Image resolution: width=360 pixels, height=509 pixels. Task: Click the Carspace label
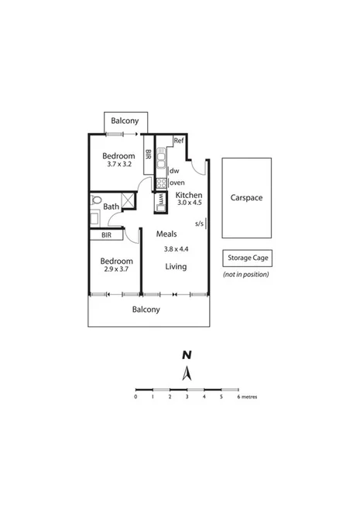tap(246, 198)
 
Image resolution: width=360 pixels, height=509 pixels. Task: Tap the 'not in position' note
tap(247, 275)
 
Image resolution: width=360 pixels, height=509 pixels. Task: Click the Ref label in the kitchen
tap(178, 141)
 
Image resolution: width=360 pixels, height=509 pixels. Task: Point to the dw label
tap(174, 171)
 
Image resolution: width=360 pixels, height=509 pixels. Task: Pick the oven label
tap(177, 183)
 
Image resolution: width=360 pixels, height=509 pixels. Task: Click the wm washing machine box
tap(160, 199)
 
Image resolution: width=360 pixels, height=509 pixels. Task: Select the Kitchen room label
tap(189, 195)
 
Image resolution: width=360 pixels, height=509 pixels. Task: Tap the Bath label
tap(111, 207)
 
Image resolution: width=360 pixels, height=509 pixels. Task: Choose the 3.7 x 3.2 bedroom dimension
tap(119, 165)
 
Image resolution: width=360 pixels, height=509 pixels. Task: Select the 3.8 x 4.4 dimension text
tap(177, 249)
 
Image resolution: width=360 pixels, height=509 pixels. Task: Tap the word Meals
tap(166, 234)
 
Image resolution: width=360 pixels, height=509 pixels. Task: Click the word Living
tap(176, 266)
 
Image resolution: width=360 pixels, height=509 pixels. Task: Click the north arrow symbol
tap(186, 374)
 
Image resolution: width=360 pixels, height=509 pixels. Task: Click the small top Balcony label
tap(125, 121)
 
